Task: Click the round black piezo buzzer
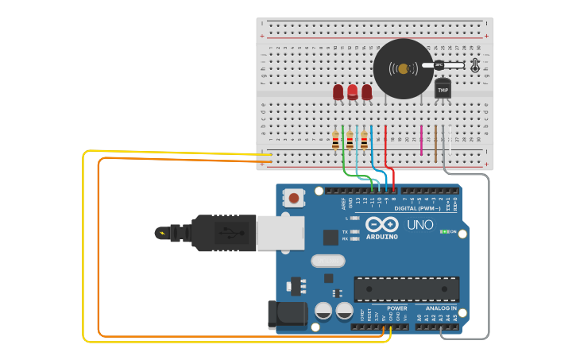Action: pyautogui.click(x=404, y=69)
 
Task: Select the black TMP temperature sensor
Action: pyautogui.click(x=443, y=89)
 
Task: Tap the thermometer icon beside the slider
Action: pyautogui.click(x=475, y=65)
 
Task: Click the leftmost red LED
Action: pyautogui.click(x=338, y=92)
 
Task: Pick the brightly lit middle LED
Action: pyautogui.click(x=353, y=91)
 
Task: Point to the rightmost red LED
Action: pyautogui.click(x=367, y=92)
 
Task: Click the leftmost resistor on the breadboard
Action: pyautogui.click(x=335, y=141)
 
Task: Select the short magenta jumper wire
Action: pyautogui.click(x=421, y=140)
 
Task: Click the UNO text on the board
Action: pyautogui.click(x=419, y=225)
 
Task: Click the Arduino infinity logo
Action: pyautogui.click(x=382, y=224)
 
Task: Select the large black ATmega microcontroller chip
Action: pyautogui.click(x=406, y=288)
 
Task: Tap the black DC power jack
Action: pyautogui.click(x=287, y=314)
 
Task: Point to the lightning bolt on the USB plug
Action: pyautogui.click(x=163, y=233)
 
